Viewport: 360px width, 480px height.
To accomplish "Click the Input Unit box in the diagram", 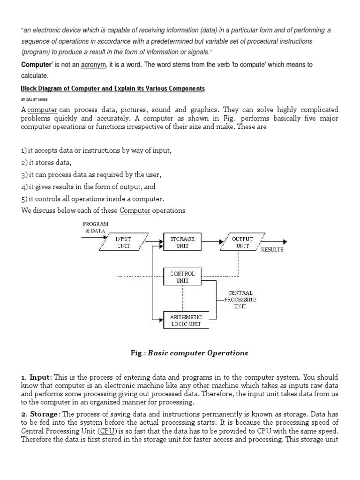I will (124, 242).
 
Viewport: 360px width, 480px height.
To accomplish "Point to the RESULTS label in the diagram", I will (272, 250).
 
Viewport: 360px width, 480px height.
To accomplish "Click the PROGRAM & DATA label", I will (96, 227).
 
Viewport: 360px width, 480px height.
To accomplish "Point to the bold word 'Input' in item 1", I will (39, 377).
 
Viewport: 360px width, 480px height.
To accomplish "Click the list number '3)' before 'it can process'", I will (24, 175).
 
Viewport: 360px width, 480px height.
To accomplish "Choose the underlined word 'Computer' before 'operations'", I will (135, 210).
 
